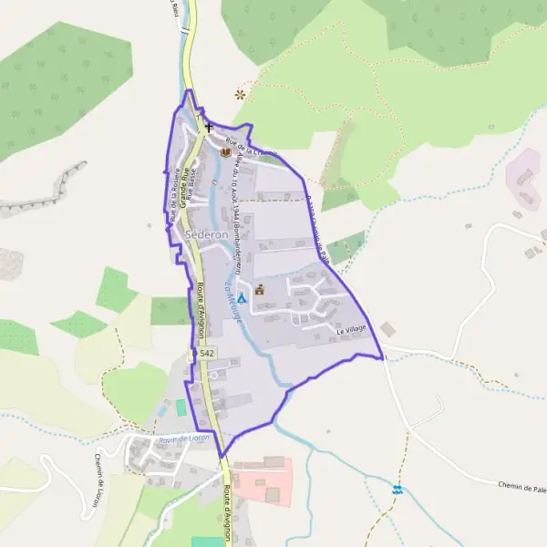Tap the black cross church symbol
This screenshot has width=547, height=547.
tap(209, 129)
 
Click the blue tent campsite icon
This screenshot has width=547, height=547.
tap(242, 298)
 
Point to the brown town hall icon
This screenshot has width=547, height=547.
tap(260, 290)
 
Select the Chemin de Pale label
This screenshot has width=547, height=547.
tap(521, 488)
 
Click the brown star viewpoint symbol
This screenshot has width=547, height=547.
tap(241, 93)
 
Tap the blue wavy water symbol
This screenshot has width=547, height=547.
tap(397, 490)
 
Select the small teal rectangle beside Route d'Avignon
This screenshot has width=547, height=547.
tap(180, 407)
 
